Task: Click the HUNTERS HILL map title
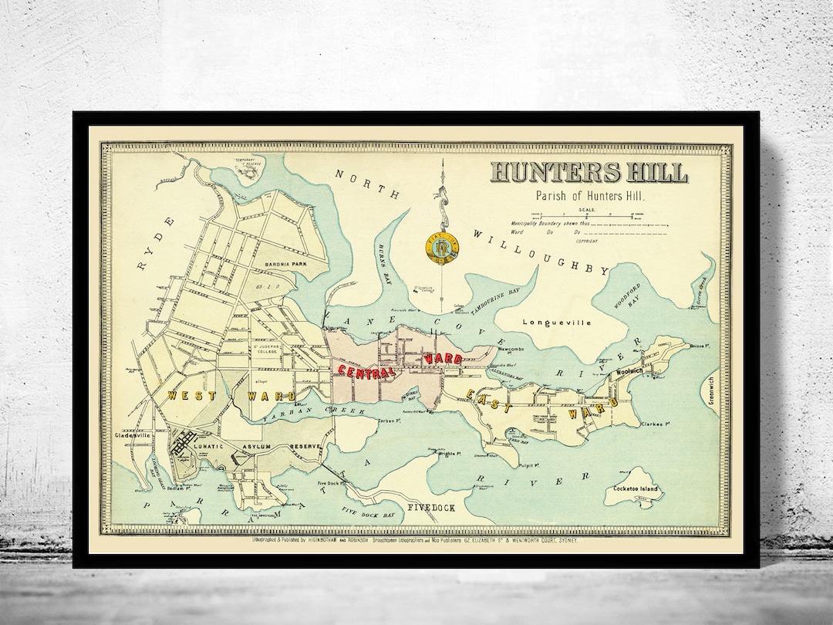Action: coord(589,172)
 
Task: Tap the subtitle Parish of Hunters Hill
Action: coord(589,196)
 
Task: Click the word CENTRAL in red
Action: coord(366,370)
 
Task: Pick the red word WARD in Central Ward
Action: coord(443,359)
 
